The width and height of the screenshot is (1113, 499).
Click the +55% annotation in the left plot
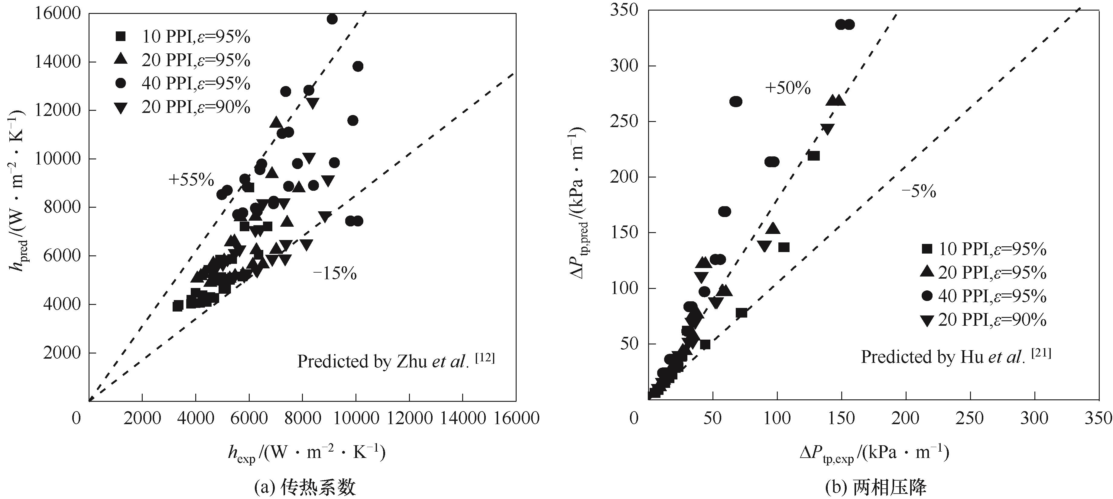tap(191, 180)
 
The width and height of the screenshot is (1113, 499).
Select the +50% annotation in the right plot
tap(788, 88)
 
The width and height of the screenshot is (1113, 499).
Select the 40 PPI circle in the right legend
tap(927, 296)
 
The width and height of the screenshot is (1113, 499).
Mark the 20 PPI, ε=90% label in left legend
tap(196, 107)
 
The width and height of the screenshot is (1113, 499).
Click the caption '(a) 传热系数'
tap(305, 488)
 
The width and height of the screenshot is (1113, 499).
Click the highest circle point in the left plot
tap(332, 19)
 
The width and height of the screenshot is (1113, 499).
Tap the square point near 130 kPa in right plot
tap(813, 156)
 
